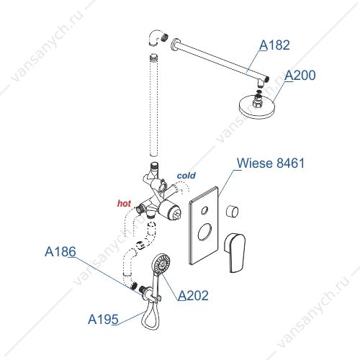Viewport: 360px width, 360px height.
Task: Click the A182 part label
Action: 274,45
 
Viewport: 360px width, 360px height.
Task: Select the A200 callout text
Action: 300,76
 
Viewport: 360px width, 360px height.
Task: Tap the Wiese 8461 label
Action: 271,163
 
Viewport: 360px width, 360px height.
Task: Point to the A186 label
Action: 60,252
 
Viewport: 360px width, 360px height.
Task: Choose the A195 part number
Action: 103,320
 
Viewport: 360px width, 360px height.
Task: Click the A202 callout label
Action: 193,295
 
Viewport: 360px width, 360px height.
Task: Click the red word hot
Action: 124,204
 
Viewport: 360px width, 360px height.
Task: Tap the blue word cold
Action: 186,176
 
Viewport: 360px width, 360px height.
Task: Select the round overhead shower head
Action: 256,107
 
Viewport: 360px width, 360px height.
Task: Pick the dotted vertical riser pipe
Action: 153,106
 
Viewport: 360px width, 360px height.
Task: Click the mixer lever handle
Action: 235,252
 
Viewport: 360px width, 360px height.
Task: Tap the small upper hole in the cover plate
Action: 204,210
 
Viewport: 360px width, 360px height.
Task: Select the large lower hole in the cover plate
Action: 204,232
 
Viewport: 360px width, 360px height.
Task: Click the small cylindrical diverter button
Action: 233,212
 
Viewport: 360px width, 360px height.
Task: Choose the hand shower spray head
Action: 161,264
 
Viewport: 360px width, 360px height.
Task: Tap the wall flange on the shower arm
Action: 174,45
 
